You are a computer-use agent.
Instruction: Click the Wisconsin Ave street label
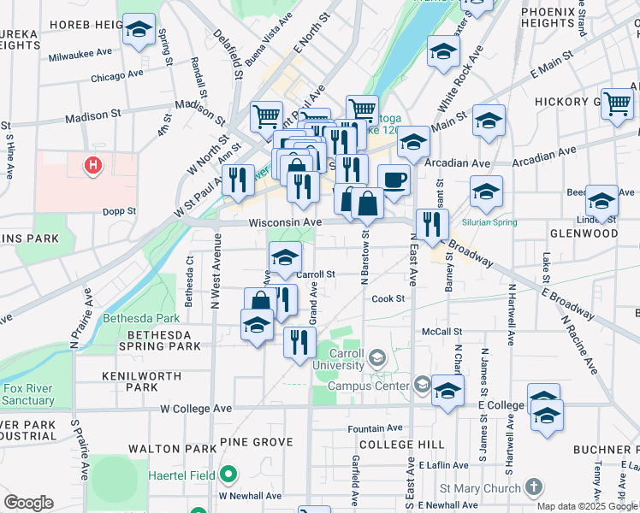(285, 222)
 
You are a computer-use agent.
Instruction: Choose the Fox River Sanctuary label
(28, 394)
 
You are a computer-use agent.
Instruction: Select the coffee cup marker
(394, 180)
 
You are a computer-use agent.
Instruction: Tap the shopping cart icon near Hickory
(617, 103)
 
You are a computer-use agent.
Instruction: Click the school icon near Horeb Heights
(139, 31)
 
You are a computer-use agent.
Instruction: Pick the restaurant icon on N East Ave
(432, 225)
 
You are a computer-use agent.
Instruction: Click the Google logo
(28, 503)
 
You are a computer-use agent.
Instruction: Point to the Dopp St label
(120, 210)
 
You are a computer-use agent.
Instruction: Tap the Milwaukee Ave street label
(80, 54)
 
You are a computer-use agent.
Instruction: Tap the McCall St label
(441, 332)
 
